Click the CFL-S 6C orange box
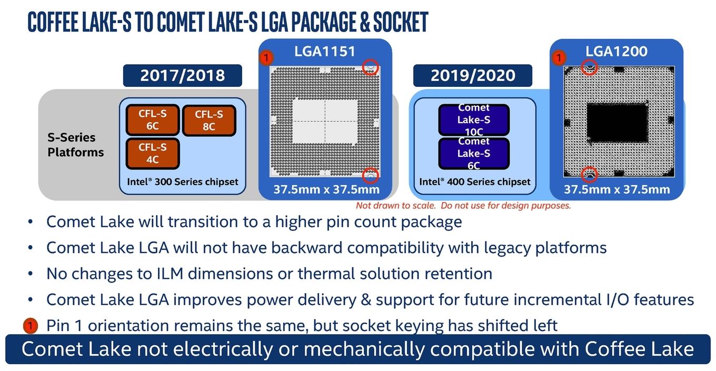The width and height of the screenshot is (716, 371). pos(153,120)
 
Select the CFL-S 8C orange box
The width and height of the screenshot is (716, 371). pos(209,121)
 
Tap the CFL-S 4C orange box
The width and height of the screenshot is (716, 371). pos(153,153)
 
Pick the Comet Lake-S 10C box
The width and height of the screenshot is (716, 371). pos(474,120)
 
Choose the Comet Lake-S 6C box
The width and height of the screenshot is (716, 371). pos(474,153)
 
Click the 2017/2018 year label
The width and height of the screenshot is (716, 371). pos(183,75)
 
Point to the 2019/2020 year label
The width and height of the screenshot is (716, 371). pos(473,75)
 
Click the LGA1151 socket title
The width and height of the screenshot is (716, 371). pos(325,52)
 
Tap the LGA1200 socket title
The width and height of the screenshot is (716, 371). pos(616,51)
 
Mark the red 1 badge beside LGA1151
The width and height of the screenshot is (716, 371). pos(266,58)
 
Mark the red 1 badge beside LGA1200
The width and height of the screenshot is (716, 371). pos(559,58)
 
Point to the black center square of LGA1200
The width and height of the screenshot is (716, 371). pos(617,123)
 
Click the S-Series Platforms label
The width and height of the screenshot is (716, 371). pos(75,145)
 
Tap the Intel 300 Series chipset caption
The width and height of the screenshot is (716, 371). pos(183,182)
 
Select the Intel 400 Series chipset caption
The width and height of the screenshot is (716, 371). pos(475,182)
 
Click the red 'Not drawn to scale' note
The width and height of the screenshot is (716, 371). pos(463,205)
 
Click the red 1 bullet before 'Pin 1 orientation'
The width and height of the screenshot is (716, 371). pos(31,326)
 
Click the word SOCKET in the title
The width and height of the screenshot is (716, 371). pos(400,22)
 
